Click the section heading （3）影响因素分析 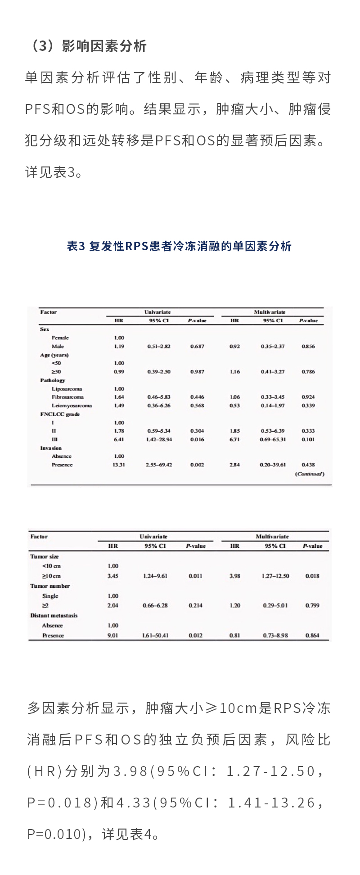88,46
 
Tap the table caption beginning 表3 179,246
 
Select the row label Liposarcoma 67,389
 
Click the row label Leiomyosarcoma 72,406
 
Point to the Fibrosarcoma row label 67,397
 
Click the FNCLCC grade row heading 60,414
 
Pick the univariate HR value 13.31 119,465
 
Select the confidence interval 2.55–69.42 158,465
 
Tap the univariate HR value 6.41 119,439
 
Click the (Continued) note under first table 310,474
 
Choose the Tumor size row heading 45,556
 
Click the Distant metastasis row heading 54,615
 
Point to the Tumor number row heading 50,586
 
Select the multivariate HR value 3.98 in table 235,576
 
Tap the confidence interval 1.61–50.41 155,636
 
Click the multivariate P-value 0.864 312,636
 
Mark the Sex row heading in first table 45,329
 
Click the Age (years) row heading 54,355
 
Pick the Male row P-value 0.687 197,347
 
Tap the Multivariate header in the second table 272,537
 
